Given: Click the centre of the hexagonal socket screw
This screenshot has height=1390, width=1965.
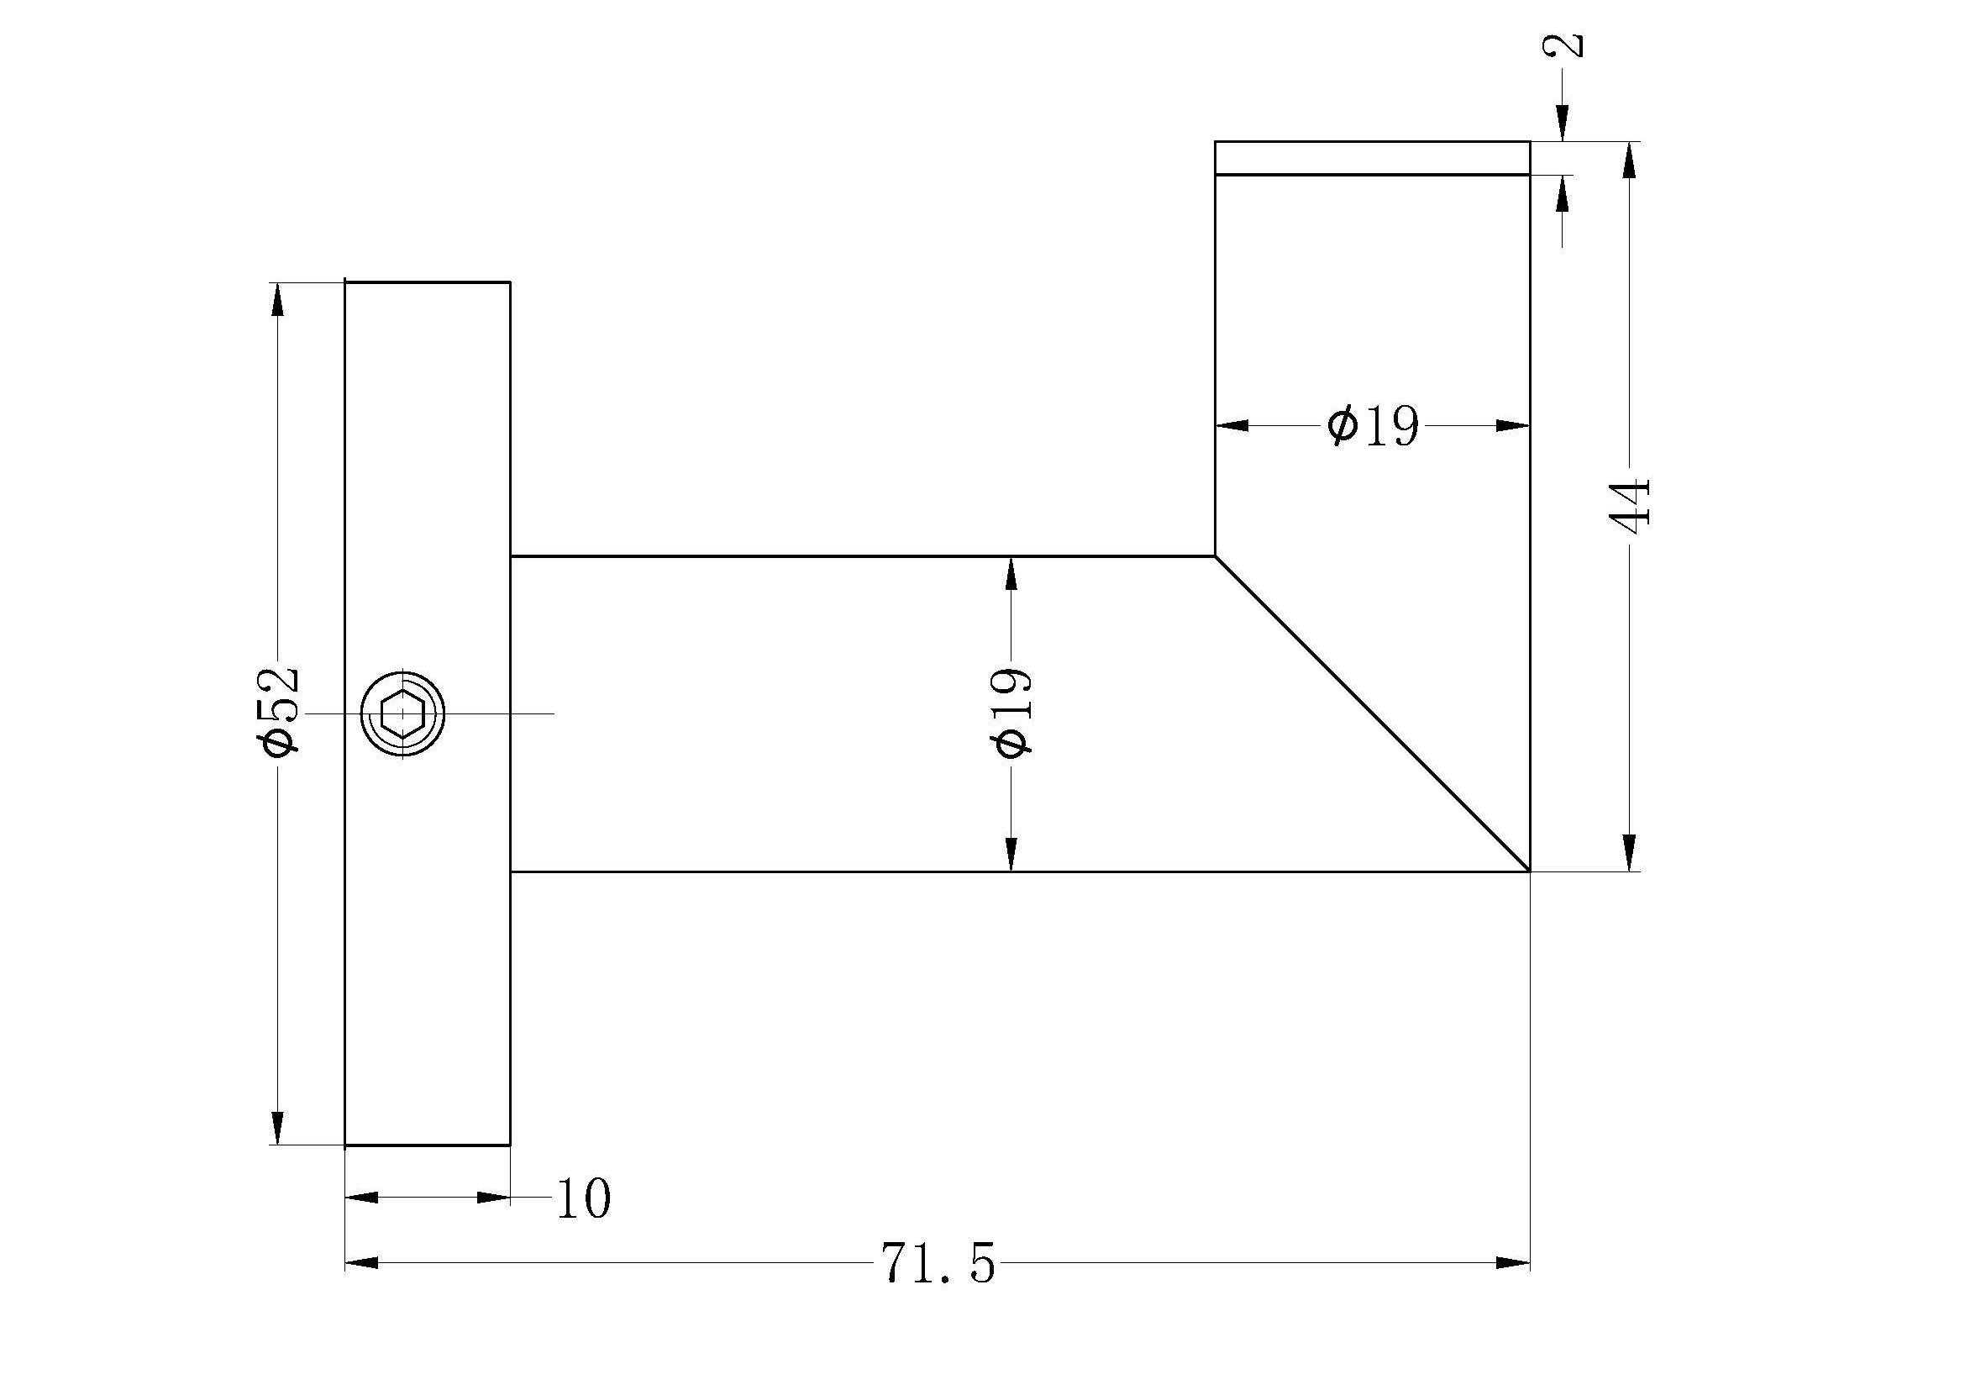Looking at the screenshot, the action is (402, 713).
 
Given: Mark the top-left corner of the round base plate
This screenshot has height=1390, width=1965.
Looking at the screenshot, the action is (345, 282).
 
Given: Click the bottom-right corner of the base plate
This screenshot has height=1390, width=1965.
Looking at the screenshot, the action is (510, 1145).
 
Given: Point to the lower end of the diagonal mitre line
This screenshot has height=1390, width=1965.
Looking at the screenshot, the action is (1529, 871).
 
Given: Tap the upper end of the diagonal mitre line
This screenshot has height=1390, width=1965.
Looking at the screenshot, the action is (1216, 556).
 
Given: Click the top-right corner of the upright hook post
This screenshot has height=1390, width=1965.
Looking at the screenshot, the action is (1529, 141).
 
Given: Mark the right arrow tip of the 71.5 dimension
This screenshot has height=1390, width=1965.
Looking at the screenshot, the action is (1528, 1262).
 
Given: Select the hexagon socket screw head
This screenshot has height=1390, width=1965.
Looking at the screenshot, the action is (402, 713).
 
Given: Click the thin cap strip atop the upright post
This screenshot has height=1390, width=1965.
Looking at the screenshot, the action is (1373, 158).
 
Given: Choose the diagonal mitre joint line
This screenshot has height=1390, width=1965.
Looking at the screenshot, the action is (1373, 713).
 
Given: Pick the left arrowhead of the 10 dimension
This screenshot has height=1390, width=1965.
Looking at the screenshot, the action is (361, 1197).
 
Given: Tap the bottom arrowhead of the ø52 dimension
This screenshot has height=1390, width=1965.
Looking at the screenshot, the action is (276, 1127).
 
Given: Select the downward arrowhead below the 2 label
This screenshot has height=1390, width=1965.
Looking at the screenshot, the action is (1563, 124).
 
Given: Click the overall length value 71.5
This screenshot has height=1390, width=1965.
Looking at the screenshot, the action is (938, 1263).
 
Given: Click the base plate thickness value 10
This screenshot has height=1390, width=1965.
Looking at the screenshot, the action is (584, 1198).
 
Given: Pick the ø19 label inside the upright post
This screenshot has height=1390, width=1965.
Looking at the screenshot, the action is (1373, 425).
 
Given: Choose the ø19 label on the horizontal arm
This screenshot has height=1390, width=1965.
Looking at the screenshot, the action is (1012, 712).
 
